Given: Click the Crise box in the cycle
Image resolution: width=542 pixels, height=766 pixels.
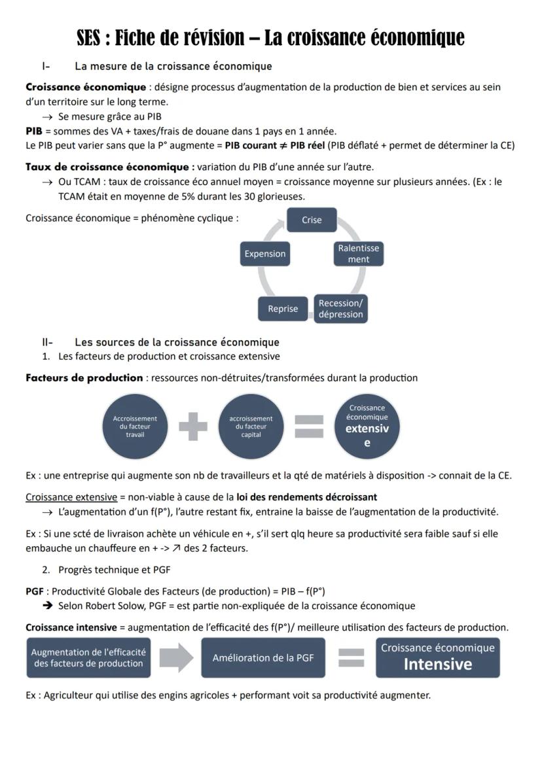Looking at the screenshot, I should [x=312, y=220].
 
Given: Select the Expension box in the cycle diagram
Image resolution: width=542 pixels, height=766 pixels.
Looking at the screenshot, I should [x=265, y=254].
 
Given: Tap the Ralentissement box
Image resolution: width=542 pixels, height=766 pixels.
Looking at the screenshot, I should [x=358, y=254].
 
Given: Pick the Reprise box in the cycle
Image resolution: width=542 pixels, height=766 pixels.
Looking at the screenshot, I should [x=283, y=309].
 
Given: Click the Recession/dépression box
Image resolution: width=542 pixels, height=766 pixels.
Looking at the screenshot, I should [x=340, y=309].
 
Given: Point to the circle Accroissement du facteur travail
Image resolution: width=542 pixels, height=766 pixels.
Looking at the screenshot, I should [x=135, y=427].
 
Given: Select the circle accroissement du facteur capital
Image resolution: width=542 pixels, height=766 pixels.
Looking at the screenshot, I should [x=251, y=427].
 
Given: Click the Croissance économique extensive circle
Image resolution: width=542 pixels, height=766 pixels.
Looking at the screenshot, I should [x=367, y=426].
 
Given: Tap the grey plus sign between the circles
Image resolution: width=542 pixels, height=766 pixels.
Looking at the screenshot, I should [x=193, y=427].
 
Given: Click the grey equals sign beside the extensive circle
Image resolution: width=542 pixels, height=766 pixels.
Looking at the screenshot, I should [x=309, y=427].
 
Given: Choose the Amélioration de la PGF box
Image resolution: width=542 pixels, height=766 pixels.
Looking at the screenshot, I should [x=263, y=657].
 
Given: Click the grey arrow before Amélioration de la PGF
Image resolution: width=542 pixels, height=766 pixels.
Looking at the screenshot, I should [x=176, y=657].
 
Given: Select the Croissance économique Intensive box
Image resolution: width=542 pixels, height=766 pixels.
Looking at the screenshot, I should [x=437, y=657].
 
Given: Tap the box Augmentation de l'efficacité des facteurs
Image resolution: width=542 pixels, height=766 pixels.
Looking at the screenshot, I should [x=88, y=657].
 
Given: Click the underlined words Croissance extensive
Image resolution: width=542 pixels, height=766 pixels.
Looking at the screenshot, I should [x=71, y=497].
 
